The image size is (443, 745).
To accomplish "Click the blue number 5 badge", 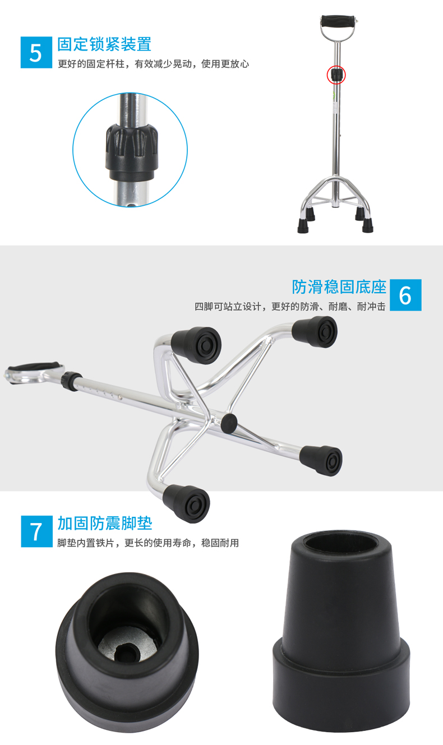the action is pyautogui.click(x=36, y=53).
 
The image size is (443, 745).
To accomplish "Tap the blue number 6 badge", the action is pyautogui.click(x=405, y=295).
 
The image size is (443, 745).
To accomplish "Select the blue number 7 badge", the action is pyautogui.click(x=36, y=531).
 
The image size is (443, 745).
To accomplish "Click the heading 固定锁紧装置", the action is pyautogui.click(x=104, y=44).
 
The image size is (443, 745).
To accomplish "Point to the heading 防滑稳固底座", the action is pyautogui.click(x=339, y=287).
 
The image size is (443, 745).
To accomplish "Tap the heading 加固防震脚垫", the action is pyautogui.click(x=105, y=523).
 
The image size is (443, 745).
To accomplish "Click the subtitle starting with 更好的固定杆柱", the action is pyautogui.click(x=153, y=64).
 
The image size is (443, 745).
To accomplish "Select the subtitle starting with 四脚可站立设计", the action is pyautogui.click(x=290, y=306).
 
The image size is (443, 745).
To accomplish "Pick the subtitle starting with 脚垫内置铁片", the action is pyautogui.click(x=148, y=543).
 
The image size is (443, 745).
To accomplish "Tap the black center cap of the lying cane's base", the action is pyautogui.click(x=229, y=423).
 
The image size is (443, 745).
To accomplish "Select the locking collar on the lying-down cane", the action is pyautogui.click(x=71, y=381).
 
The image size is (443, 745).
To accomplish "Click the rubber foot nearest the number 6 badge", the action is pyautogui.click(x=315, y=332).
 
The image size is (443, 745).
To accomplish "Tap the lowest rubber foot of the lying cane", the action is pyautogui.click(x=187, y=503).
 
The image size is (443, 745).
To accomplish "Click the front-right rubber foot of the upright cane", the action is pyautogui.click(x=367, y=225).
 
